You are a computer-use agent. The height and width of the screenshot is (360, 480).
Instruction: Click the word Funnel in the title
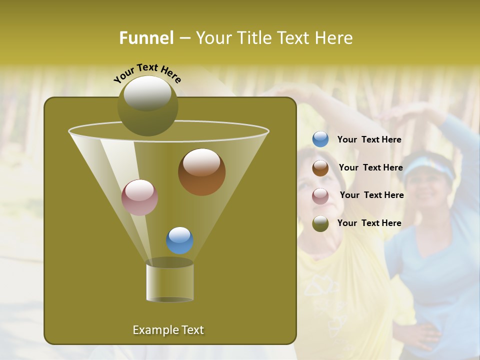tap(146, 38)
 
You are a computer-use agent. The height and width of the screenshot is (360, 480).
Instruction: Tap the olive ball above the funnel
tap(147, 105)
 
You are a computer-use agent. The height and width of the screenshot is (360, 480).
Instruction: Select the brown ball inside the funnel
tap(201, 172)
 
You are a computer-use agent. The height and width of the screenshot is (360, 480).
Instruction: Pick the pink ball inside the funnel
tap(140, 197)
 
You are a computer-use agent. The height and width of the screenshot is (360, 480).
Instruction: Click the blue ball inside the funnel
tap(180, 240)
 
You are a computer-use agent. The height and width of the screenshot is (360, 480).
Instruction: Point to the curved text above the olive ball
tap(147, 72)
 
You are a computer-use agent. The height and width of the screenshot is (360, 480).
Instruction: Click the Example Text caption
tap(168, 330)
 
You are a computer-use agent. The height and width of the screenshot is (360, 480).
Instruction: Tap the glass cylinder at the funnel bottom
tap(170, 282)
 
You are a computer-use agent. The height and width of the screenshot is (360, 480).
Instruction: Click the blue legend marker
tap(320, 139)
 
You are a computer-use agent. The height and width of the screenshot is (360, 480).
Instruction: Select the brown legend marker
tap(320, 168)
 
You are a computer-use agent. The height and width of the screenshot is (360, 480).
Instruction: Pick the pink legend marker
tap(320, 195)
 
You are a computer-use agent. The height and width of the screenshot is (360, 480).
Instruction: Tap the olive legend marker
tap(320, 223)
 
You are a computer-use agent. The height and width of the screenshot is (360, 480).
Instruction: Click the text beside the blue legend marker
tap(369, 140)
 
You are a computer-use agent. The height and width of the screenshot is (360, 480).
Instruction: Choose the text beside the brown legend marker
tap(370, 168)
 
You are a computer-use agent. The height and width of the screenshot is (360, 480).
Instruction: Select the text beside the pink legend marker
tap(371, 195)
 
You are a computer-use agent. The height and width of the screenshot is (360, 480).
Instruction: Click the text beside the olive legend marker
tap(369, 223)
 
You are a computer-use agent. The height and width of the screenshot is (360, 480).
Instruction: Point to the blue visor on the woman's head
tap(429, 168)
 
